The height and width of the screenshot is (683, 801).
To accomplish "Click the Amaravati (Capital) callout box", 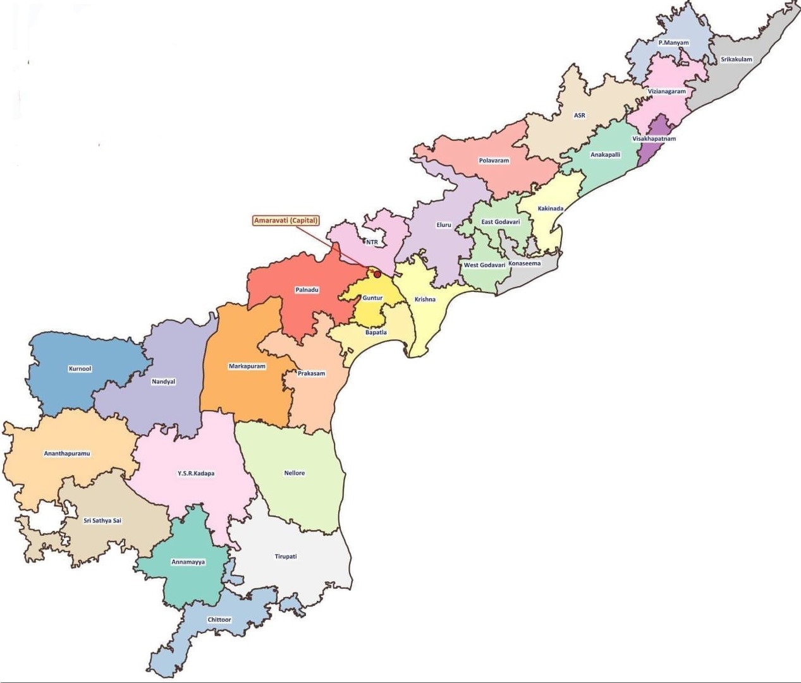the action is (x=286, y=221).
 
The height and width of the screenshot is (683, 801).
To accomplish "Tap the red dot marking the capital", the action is (x=377, y=274).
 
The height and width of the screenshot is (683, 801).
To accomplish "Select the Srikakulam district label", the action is (x=737, y=59).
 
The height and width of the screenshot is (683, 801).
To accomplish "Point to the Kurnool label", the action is (x=80, y=368).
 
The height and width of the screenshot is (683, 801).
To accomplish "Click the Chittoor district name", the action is (x=219, y=620).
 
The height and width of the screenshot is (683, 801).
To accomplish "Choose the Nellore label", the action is (x=295, y=473).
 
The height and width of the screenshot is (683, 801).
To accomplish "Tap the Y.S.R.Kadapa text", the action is (x=196, y=473).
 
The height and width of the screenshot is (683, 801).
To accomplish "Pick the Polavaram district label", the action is (x=494, y=160).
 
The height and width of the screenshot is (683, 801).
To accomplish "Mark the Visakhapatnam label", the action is (x=654, y=139).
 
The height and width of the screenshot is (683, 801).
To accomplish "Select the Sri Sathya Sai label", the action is (x=102, y=521).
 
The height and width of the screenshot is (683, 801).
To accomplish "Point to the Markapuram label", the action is (x=247, y=366).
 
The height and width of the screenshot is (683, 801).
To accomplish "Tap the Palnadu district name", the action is (x=307, y=290).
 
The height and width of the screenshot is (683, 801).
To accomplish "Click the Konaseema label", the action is (x=525, y=263).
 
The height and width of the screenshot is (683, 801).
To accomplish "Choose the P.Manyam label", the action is (x=673, y=43).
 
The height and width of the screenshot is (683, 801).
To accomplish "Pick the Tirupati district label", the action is (x=286, y=557).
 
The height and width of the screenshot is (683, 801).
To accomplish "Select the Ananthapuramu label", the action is (x=67, y=454).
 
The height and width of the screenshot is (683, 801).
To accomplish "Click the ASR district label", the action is (x=580, y=116).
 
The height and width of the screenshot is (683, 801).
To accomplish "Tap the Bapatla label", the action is (x=376, y=332).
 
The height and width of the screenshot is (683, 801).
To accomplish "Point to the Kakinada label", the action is (x=551, y=209).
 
